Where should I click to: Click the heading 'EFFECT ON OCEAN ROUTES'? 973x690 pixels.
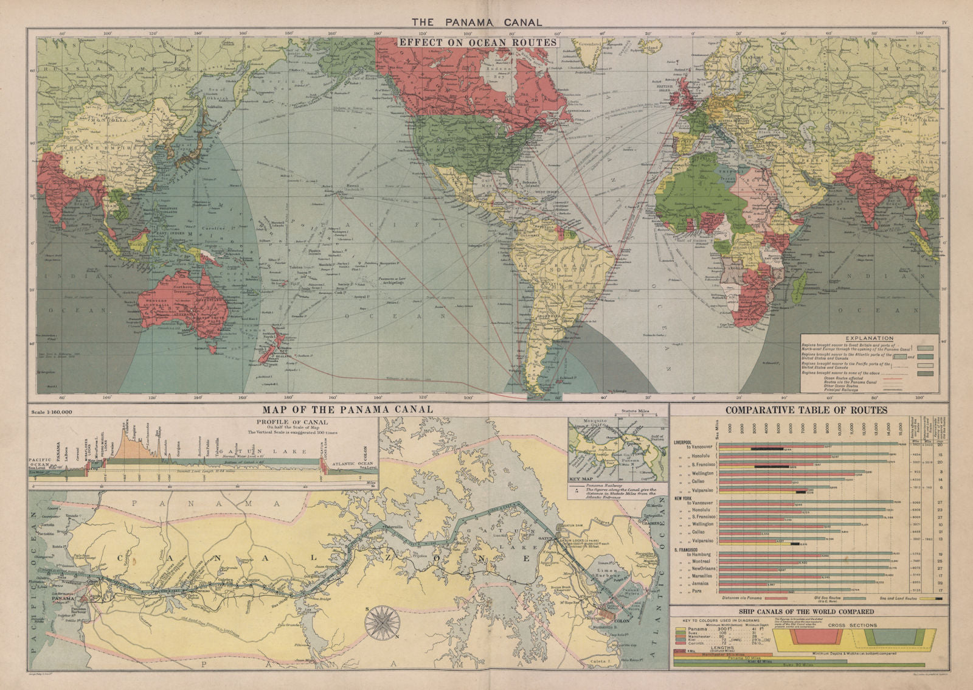click(x=477, y=43)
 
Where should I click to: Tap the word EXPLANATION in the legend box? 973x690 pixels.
click(x=870, y=338)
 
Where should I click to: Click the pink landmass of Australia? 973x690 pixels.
click(x=176, y=304)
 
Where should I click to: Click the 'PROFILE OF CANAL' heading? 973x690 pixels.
click(x=293, y=422)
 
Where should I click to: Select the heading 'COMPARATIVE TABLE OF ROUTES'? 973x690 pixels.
click(x=806, y=411)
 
